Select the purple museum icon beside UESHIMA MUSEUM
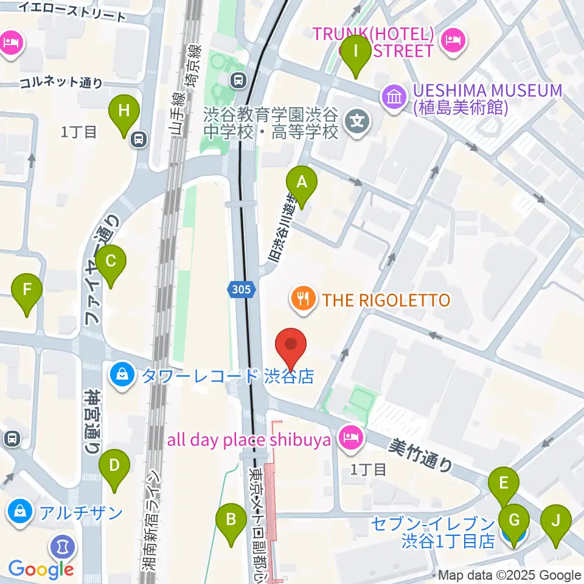point(394,97)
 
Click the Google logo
point(41,569)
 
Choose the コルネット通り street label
point(60,83)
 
